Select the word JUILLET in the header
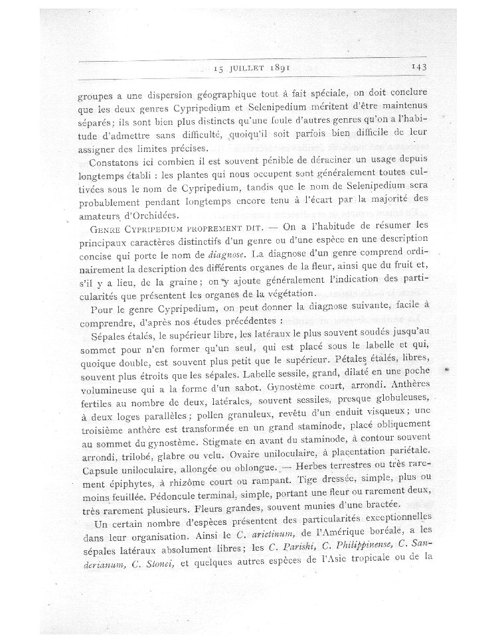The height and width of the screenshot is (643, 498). (254, 67)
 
